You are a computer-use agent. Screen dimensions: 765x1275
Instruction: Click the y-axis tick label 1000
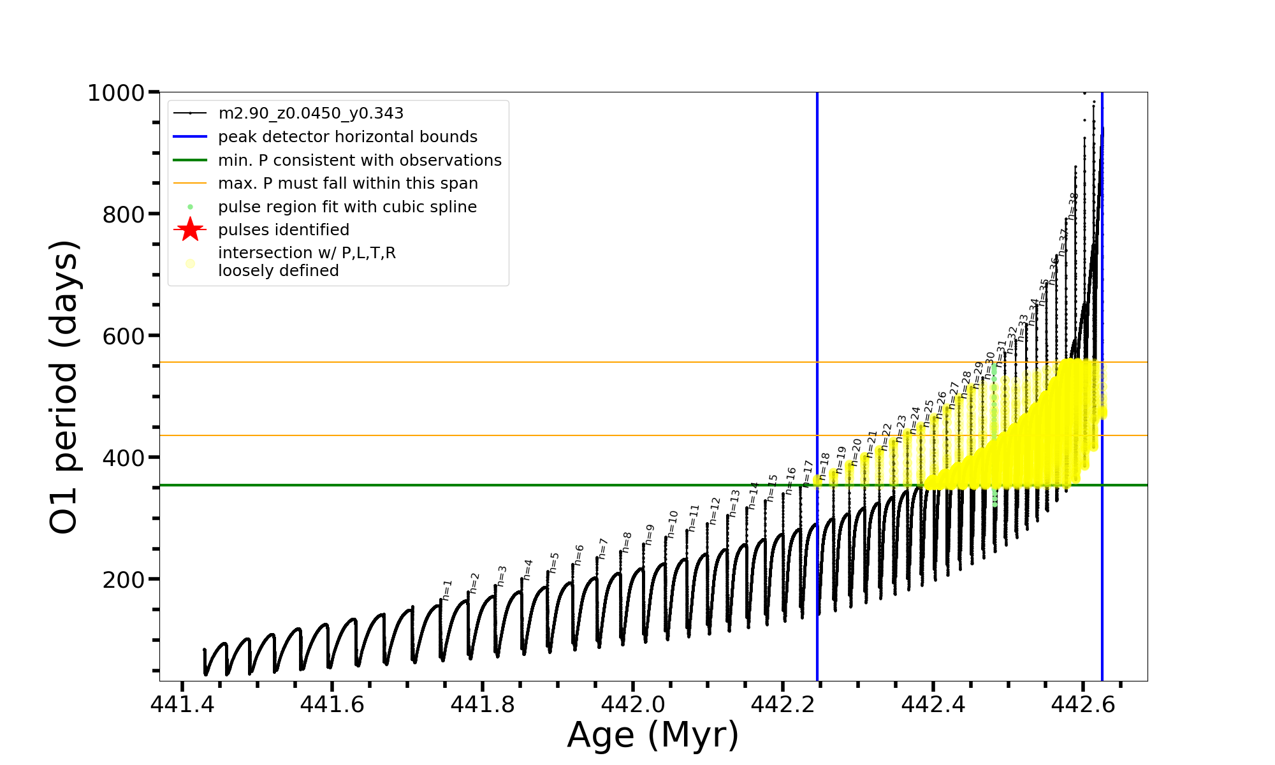pyautogui.click(x=116, y=93)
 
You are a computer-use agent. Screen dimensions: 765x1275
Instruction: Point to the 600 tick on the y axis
pyautogui.click(x=124, y=336)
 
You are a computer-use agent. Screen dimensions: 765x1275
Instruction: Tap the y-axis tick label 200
pyautogui.click(x=124, y=579)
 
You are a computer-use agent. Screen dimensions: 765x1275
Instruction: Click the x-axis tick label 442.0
pyautogui.click(x=632, y=704)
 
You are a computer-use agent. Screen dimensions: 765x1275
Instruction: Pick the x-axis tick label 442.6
pyautogui.click(x=1082, y=704)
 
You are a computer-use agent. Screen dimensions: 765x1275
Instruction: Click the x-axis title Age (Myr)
pyautogui.click(x=653, y=735)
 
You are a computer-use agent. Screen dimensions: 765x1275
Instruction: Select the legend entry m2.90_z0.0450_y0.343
pyautogui.click(x=310, y=113)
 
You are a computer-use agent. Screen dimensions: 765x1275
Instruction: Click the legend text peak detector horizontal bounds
pyautogui.click(x=347, y=137)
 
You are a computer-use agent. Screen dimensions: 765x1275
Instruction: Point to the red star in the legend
pyautogui.click(x=190, y=229)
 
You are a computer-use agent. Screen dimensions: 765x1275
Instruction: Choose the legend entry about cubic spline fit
pyautogui.click(x=347, y=207)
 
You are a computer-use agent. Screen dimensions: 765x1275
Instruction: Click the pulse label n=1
pyautogui.click(x=447, y=590)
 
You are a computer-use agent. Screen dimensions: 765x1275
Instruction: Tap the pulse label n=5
pyautogui.click(x=555, y=562)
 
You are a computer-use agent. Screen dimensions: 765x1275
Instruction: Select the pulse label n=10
pyautogui.click(x=673, y=523)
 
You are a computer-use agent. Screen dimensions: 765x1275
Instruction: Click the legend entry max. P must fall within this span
pyautogui.click(x=347, y=184)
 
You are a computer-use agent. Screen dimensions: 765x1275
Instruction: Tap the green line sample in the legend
pyautogui.click(x=190, y=160)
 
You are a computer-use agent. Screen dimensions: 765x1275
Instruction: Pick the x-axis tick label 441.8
pyautogui.click(x=482, y=704)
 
